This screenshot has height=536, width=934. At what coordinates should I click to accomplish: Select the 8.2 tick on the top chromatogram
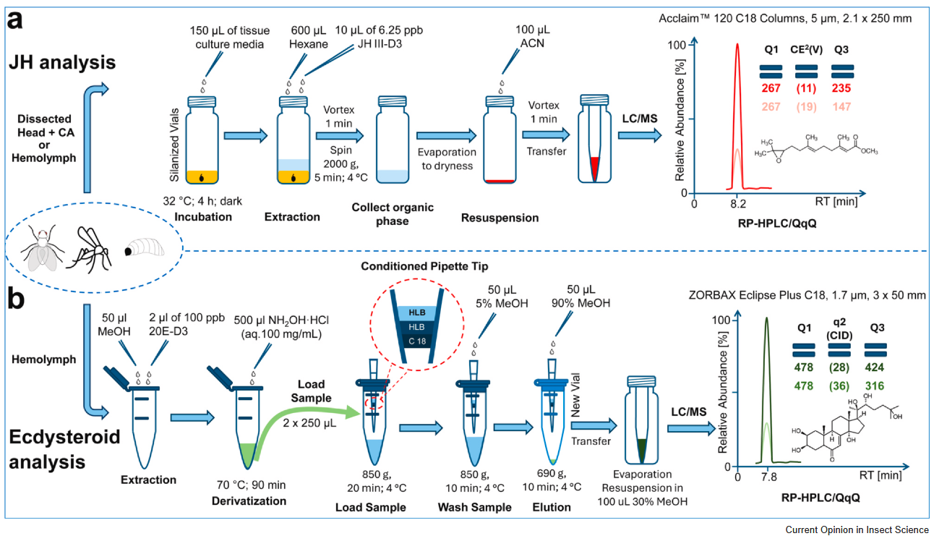tap(737, 204)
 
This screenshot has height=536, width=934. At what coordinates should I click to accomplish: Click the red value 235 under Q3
tap(841, 89)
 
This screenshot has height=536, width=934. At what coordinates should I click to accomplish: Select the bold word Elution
tap(552, 507)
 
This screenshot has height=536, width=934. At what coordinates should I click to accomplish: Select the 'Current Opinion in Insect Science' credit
tap(857, 529)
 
